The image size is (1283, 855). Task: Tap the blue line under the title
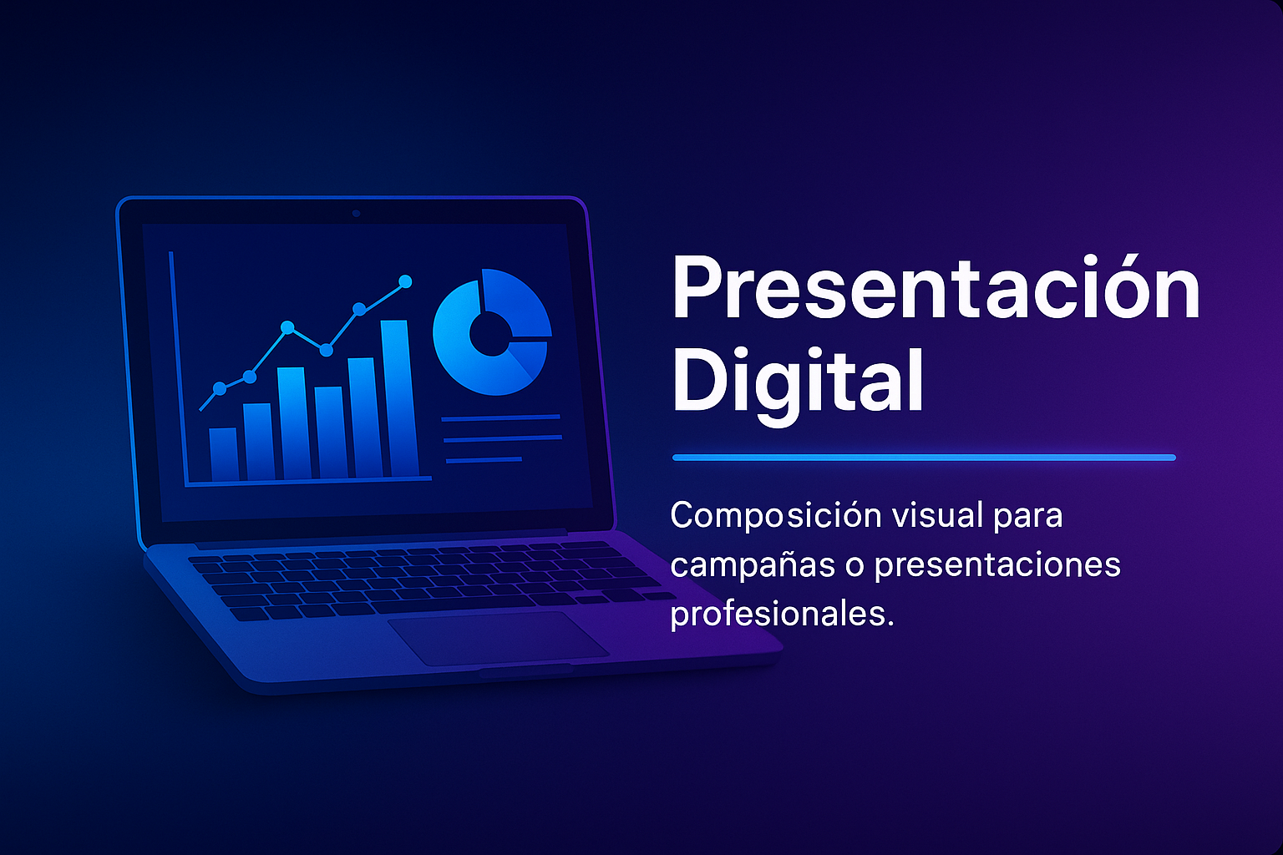click(923, 458)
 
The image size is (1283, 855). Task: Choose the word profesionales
click(781, 614)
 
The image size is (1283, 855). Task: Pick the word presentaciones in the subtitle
click(997, 565)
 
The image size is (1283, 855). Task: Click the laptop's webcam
click(356, 213)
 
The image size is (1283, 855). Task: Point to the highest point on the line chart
click(406, 281)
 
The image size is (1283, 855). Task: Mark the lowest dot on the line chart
click(220, 388)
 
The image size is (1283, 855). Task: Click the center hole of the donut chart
click(489, 333)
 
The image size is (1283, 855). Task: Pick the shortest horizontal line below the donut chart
click(484, 460)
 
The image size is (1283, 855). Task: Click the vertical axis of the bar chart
click(178, 367)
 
